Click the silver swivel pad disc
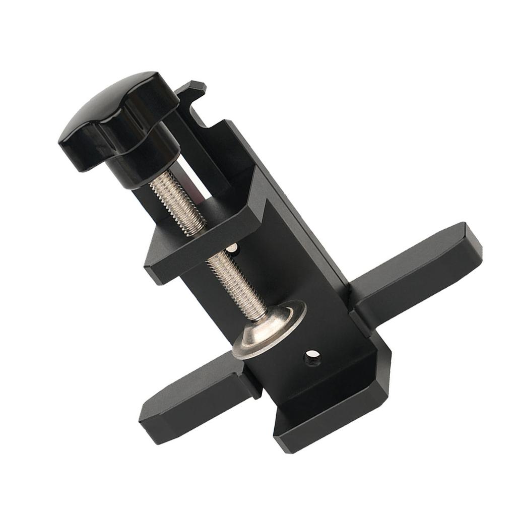269,330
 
